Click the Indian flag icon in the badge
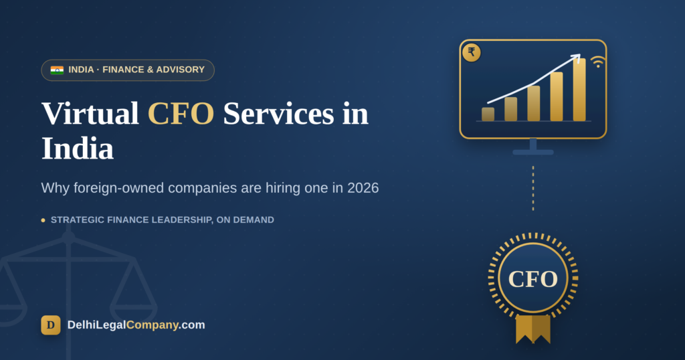[x=57, y=70]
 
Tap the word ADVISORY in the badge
[x=181, y=70]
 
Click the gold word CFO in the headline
[x=181, y=114]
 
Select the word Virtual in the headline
[x=90, y=114]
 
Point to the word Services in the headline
[x=278, y=114]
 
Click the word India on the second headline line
[x=78, y=149]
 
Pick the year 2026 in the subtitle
[x=363, y=188]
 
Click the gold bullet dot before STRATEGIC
[x=43, y=220]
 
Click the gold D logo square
[x=51, y=325]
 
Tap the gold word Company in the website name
[x=152, y=325]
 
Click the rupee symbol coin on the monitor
[x=472, y=53]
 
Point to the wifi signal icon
[x=597, y=62]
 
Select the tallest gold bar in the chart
[x=579, y=90]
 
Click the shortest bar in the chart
[x=488, y=114]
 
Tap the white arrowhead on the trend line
[x=576, y=58]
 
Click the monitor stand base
[x=533, y=152]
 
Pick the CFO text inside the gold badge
[x=533, y=279]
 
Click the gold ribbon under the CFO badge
[x=533, y=329]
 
